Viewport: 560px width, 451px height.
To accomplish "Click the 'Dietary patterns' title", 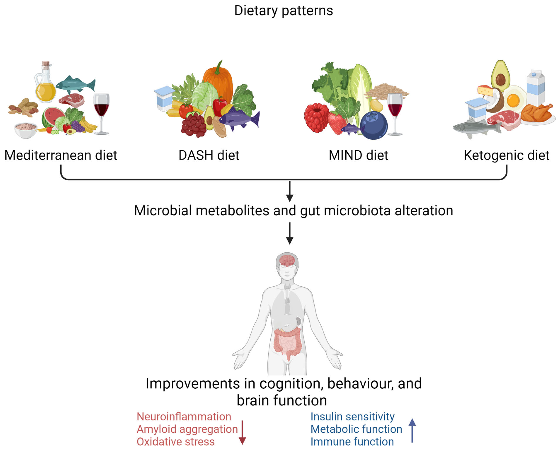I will [x=283, y=11].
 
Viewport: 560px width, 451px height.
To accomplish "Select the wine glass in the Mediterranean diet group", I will [x=101, y=109].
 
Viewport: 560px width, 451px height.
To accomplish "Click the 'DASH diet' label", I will [x=209, y=155].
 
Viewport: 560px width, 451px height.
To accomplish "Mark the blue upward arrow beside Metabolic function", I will [x=412, y=430].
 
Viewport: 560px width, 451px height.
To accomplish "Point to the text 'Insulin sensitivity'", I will [x=352, y=417].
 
